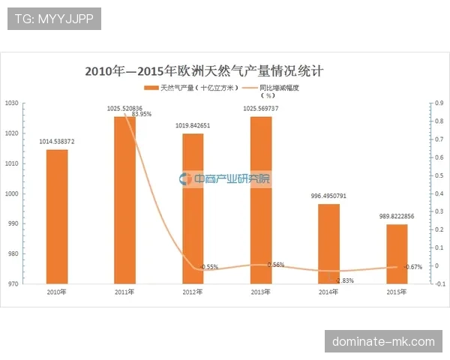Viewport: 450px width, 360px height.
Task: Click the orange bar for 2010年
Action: [x=57, y=217]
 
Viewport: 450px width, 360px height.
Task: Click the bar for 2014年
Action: [x=328, y=244]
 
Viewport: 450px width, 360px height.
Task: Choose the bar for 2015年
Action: [x=397, y=254]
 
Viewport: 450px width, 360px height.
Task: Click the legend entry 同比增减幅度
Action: [x=280, y=88]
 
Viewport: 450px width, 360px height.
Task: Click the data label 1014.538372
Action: [x=57, y=141]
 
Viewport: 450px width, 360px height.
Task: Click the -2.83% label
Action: [x=344, y=280]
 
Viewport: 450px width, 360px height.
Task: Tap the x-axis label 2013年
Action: [x=260, y=292]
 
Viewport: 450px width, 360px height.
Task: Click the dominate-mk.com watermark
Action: [x=384, y=342]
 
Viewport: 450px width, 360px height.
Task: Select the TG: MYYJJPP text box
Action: [x=54, y=18]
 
